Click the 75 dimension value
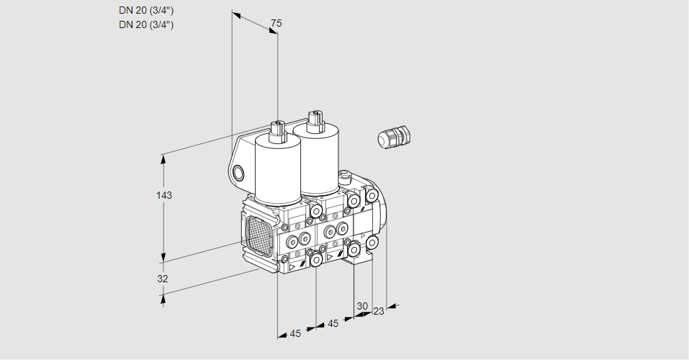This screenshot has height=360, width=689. coord(276,23)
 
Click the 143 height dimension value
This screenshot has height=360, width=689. coord(166,195)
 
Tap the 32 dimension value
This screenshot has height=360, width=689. coord(163,279)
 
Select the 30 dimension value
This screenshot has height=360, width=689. coord(362,305)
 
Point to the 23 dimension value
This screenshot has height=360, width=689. coord(379,311)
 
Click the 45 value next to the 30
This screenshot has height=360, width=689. coord(333,323)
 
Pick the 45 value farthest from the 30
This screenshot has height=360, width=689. coord(295,333)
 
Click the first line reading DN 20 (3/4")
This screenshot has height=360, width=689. coord(146,10)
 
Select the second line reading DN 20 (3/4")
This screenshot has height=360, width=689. coord(146,24)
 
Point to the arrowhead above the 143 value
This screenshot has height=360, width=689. coord(163,158)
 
